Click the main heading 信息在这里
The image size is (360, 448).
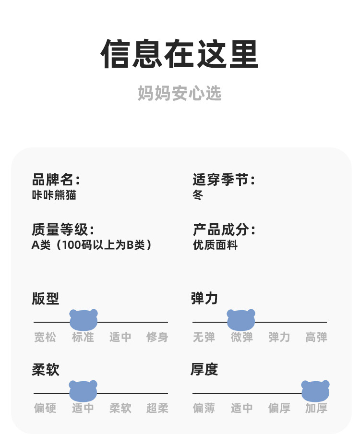[x=180, y=54]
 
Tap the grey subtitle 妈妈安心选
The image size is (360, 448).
[x=180, y=93]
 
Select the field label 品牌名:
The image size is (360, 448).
[x=56, y=180]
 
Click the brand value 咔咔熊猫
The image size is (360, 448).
[x=54, y=195]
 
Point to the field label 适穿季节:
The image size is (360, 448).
[x=224, y=180]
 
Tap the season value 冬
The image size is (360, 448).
[x=198, y=195]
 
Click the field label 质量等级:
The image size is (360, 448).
[x=63, y=230]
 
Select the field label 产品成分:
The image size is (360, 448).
[x=224, y=230]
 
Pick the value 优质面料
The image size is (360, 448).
[x=215, y=245]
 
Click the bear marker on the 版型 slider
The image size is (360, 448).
[x=84, y=320]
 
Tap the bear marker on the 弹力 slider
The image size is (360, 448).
[x=241, y=320]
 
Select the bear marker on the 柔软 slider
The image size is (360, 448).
[x=83, y=391]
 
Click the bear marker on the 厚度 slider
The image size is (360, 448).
[x=315, y=391]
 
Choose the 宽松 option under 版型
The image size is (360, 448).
[x=45, y=337]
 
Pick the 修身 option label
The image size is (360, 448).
[x=157, y=337]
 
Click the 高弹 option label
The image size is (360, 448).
[x=316, y=337]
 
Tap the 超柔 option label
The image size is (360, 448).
[x=157, y=408]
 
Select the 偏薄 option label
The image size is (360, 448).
[x=204, y=408]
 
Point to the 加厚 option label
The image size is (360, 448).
[x=316, y=408]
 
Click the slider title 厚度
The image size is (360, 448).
[x=204, y=369]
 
